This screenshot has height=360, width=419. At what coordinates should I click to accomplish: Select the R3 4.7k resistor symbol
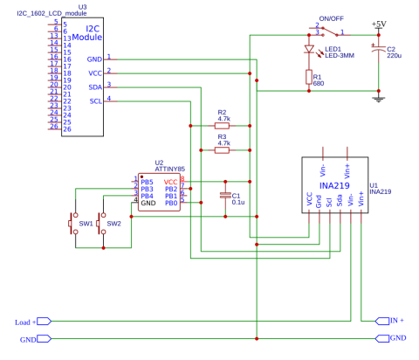point(222,149)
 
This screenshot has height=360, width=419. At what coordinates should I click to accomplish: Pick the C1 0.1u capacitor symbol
point(224,197)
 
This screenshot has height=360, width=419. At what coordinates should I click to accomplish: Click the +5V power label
point(379,23)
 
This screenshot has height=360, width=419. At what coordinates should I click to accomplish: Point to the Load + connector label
point(26,322)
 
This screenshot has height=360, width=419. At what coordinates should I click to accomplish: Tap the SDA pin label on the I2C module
point(97,88)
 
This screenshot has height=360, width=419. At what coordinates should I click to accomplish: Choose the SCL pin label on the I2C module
point(97,102)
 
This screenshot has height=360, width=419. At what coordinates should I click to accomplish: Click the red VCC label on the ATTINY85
point(170,182)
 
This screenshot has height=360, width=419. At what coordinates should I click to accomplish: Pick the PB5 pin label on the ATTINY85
point(147,182)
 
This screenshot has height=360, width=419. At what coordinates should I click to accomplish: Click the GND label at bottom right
point(398,337)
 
